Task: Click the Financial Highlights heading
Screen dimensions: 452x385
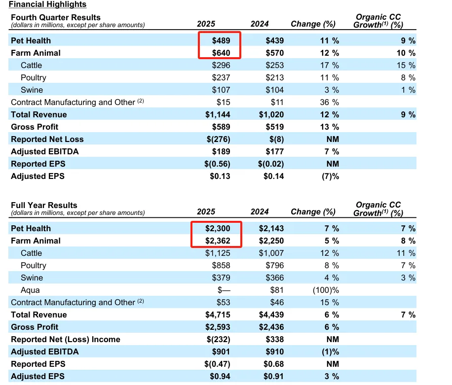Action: click(47, 4)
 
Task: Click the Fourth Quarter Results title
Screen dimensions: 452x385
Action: click(56, 17)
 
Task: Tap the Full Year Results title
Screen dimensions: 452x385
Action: click(44, 205)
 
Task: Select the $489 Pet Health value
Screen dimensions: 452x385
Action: click(221, 40)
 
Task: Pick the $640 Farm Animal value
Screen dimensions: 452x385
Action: click(221, 53)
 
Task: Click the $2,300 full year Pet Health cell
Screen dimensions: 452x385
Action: click(218, 228)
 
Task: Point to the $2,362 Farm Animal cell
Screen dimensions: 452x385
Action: click(218, 241)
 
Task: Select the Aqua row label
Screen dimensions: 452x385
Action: click(30, 290)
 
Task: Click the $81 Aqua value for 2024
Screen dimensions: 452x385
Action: click(277, 290)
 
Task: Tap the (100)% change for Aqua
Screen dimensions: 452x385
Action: click(326, 290)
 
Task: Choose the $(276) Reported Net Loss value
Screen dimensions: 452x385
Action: click(218, 140)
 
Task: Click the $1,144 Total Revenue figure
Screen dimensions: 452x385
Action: click(218, 114)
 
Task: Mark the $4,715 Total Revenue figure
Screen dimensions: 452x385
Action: click(218, 315)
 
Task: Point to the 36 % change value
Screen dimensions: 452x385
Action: click(329, 102)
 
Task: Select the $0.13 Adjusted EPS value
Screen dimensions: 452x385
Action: click(220, 176)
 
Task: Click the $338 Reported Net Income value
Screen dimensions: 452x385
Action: click(275, 340)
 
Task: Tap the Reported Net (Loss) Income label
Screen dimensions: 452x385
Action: click(66, 340)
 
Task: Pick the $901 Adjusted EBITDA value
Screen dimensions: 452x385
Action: click(221, 352)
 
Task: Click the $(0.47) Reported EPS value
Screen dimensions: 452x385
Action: click(217, 364)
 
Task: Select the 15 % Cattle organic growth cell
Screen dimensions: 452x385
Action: click(406, 66)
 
